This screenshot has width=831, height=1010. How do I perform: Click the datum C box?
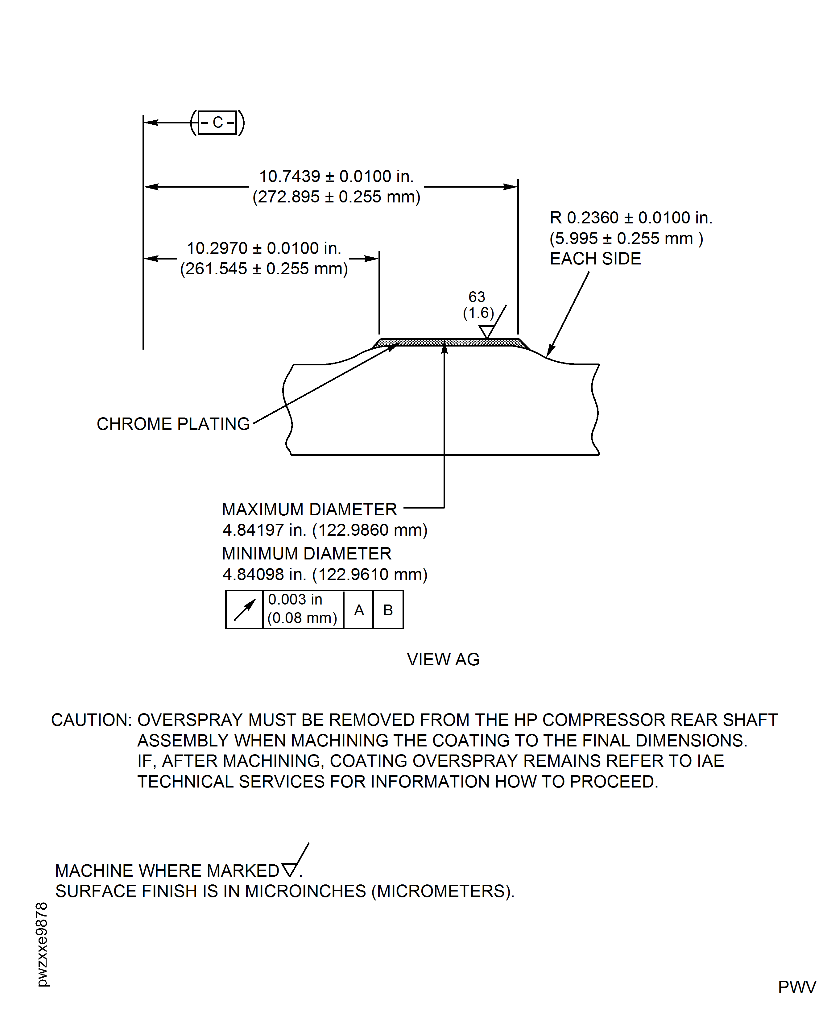coord(217,123)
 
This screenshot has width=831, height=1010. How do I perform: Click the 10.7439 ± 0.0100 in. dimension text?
coord(336,176)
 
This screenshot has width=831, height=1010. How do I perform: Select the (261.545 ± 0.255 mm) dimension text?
coord(264,269)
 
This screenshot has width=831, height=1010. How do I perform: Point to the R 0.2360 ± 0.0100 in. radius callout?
coord(630,218)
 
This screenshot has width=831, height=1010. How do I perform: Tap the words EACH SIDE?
coord(595,259)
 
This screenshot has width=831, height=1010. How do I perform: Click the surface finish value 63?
coord(477,297)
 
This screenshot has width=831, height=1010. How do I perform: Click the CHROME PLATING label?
coord(173,424)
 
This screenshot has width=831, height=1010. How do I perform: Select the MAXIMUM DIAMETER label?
coord(309,509)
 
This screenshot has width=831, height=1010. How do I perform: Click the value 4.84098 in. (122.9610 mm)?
coord(325,574)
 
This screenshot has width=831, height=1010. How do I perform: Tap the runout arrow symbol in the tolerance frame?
coord(245,610)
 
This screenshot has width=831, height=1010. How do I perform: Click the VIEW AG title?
coord(443,659)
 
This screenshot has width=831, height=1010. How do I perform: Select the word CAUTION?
coord(91,720)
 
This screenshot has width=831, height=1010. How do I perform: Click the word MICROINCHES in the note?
coord(305,891)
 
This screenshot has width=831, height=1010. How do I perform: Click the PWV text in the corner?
coord(796,987)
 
